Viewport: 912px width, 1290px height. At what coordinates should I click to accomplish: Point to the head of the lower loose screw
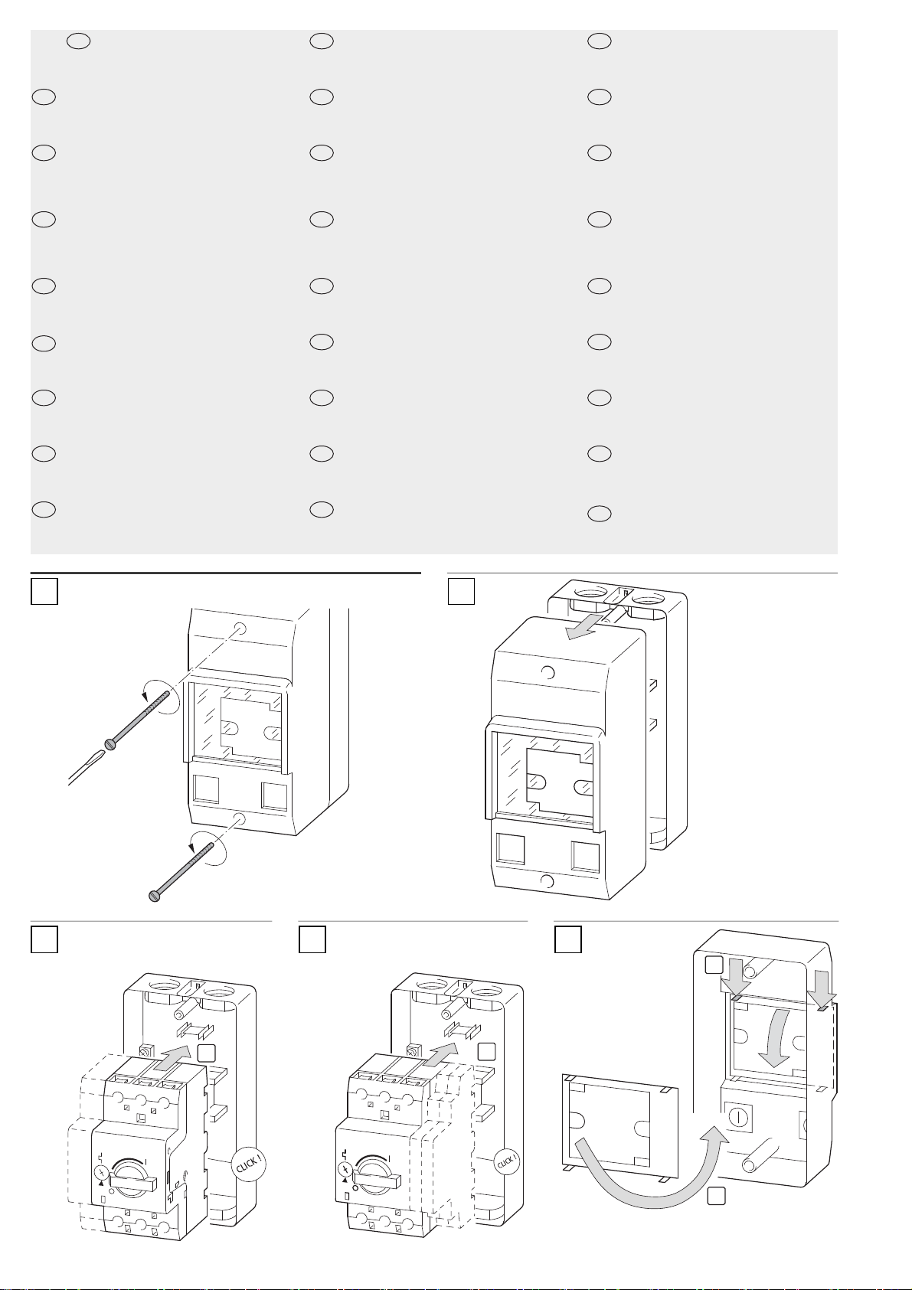154,896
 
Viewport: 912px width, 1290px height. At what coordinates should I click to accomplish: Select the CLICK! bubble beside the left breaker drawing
249,1166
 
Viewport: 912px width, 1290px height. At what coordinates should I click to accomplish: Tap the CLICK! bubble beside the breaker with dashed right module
507,1161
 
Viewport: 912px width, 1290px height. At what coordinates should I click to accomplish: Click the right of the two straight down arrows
822,987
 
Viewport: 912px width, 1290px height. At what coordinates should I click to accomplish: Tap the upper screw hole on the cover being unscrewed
240,628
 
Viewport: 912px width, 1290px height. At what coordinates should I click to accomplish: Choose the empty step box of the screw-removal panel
44,592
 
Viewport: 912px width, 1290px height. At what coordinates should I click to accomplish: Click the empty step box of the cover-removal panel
461,592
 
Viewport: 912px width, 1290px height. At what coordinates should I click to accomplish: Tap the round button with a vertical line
737,1118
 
